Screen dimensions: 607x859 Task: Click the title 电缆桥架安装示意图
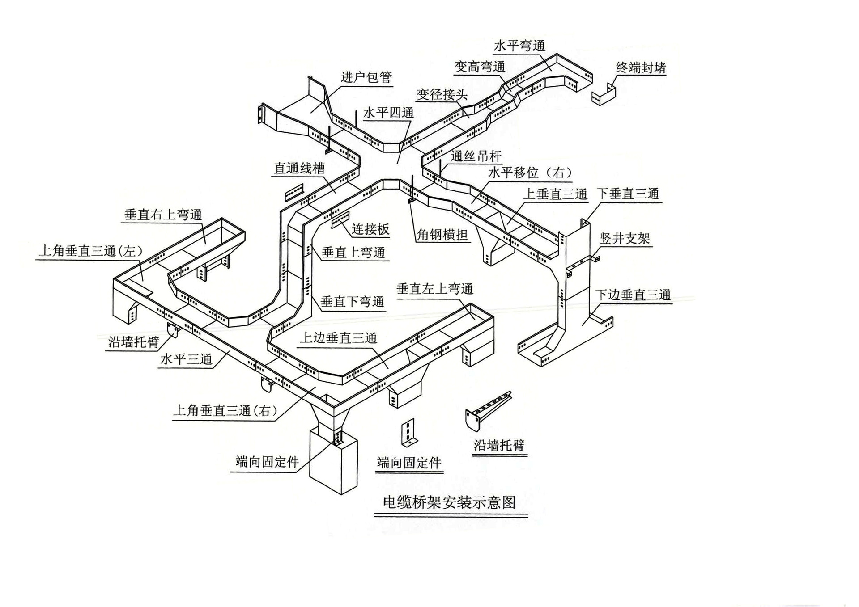tap(449, 502)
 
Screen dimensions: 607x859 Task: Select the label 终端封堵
tap(641, 68)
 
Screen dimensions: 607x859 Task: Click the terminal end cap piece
tap(604, 95)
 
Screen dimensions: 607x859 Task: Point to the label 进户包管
tap(366, 77)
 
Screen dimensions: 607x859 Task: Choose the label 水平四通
tap(388, 113)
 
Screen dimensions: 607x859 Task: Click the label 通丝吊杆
tap(476, 156)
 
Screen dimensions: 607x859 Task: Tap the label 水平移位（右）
tap(530, 173)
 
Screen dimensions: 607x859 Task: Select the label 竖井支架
tap(625, 239)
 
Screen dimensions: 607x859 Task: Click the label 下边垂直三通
tap(633, 295)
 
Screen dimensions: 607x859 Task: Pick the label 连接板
tap(370, 229)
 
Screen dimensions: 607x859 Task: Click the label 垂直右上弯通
tap(163, 215)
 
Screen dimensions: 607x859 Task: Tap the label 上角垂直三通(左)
tap(90, 251)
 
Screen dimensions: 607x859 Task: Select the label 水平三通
tap(186, 359)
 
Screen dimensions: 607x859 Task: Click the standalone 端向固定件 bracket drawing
tap(408, 432)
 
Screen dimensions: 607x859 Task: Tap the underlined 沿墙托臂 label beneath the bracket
tap(499, 445)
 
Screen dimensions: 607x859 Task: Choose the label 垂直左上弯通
tap(434, 289)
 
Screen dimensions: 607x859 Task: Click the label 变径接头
tap(442, 95)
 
